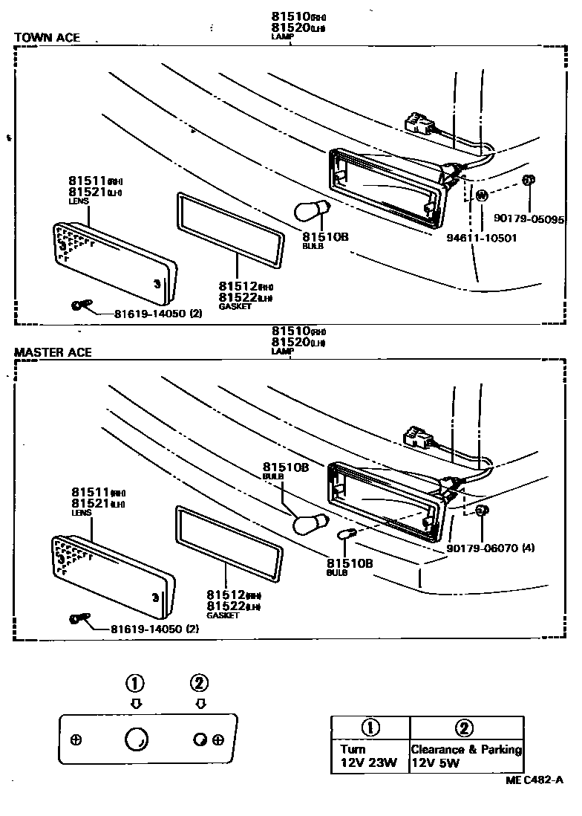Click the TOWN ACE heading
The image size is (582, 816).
47,38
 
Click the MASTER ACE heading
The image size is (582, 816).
53,352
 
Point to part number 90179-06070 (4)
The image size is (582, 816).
491,548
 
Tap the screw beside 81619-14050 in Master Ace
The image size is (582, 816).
79,618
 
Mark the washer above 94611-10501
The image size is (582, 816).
480,196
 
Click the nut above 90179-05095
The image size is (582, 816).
529,180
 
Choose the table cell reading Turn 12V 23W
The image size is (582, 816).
370,756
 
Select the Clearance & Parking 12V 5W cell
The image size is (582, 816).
466,756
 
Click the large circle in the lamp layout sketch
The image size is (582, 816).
135,739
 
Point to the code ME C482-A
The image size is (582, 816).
534,780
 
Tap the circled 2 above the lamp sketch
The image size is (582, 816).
199,682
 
